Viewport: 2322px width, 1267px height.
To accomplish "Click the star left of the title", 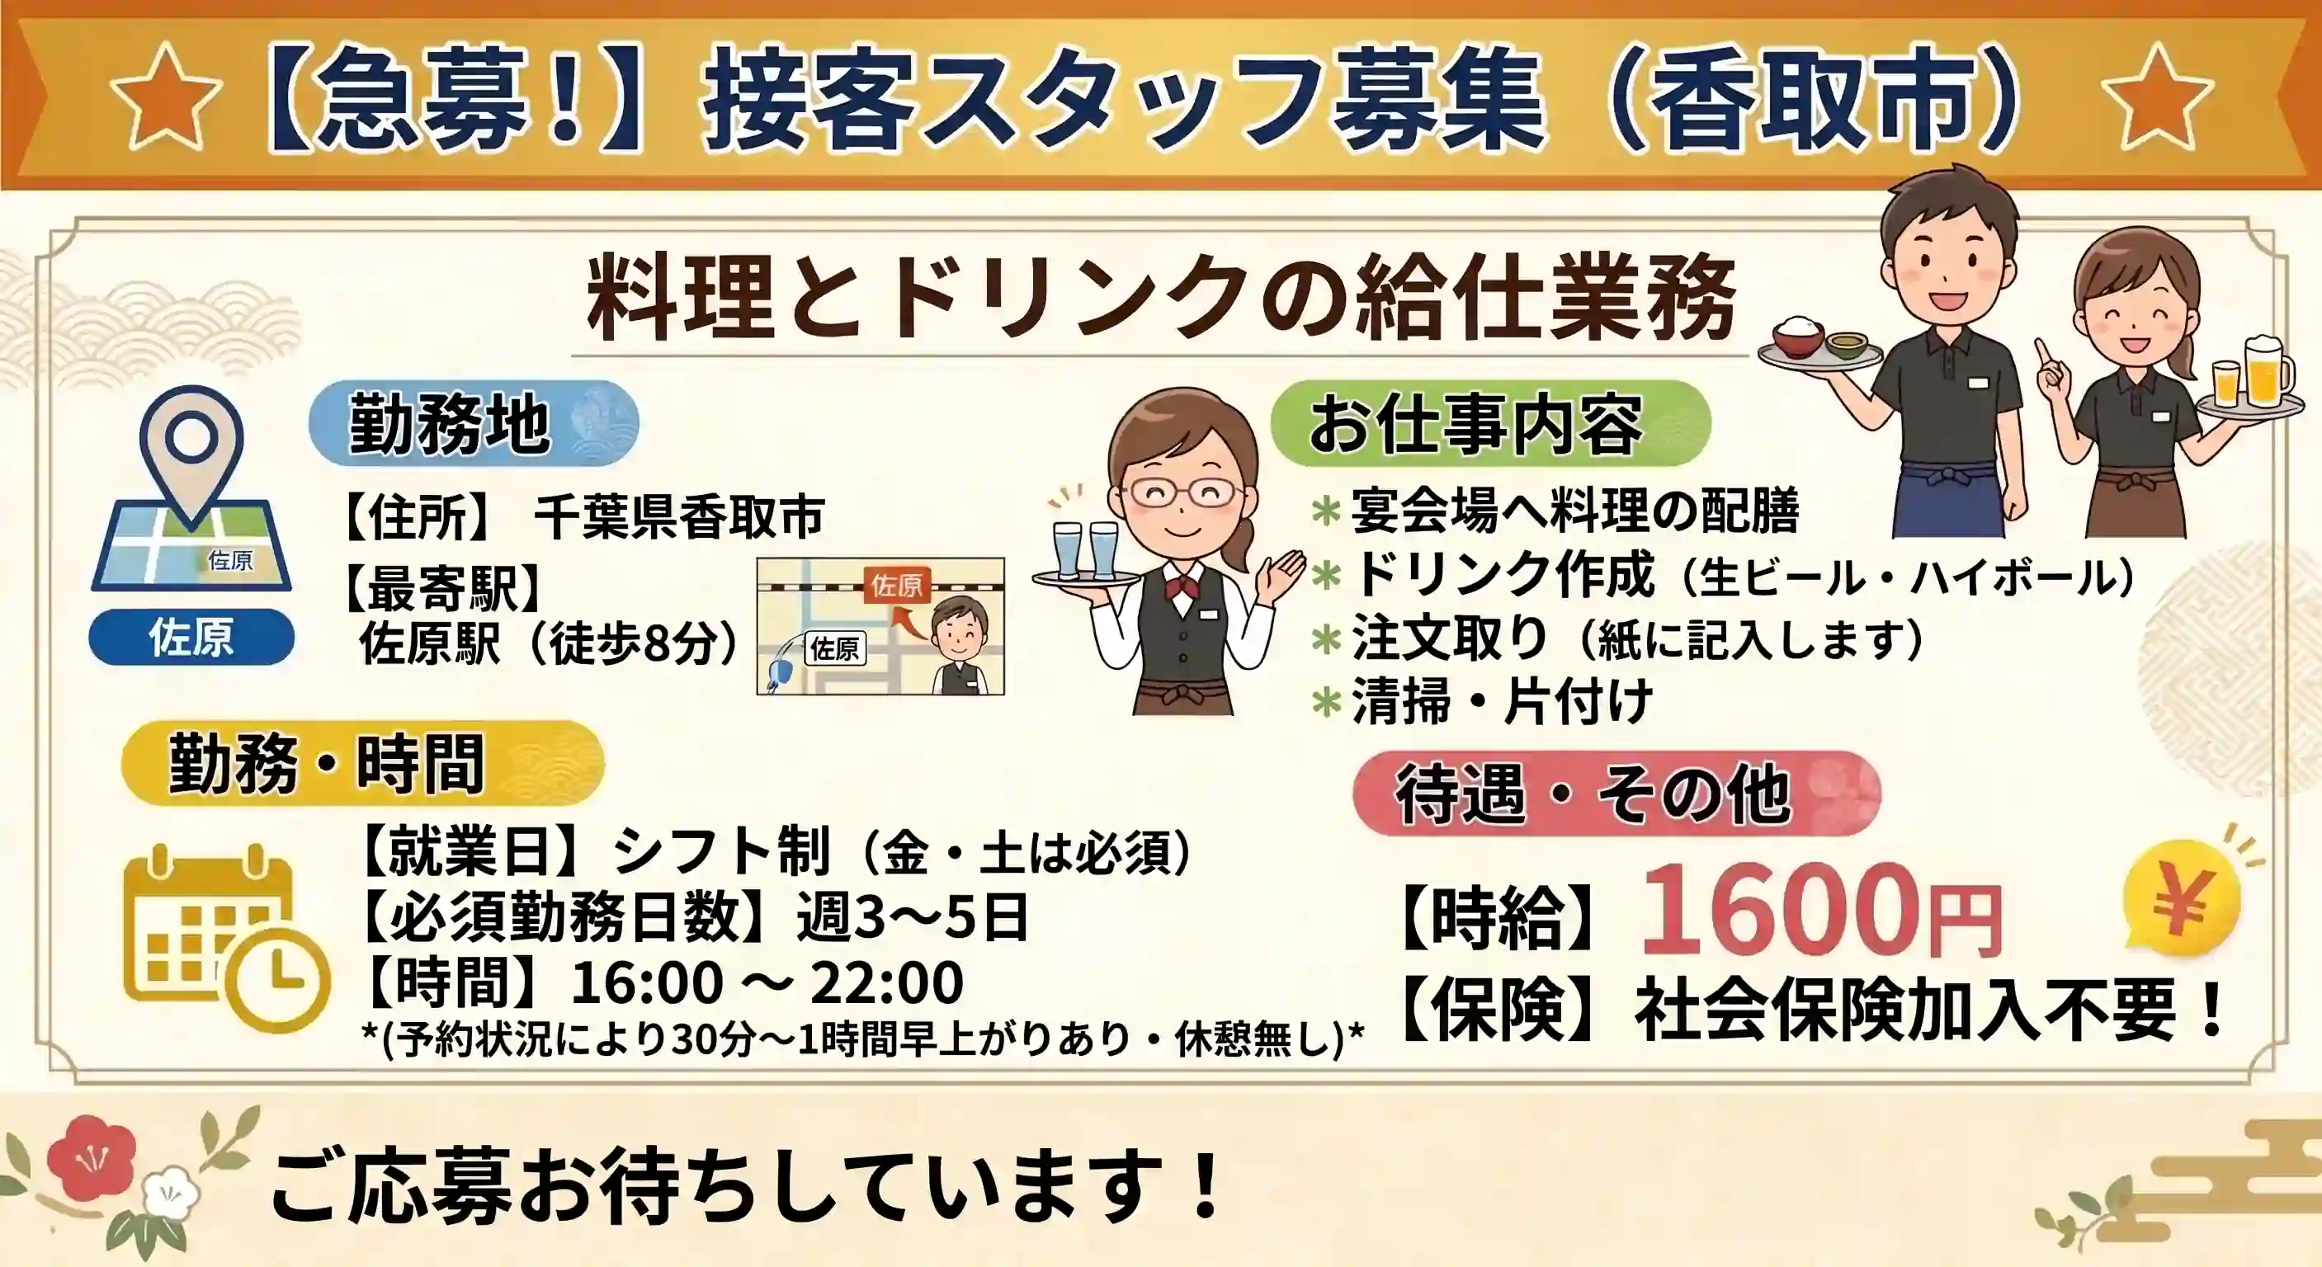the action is tap(166, 97).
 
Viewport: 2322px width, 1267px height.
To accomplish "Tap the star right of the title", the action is tap(2157, 97).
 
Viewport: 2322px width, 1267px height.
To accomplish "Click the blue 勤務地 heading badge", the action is tap(474, 422).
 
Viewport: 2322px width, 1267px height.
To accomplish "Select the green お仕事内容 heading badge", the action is tap(1491, 423).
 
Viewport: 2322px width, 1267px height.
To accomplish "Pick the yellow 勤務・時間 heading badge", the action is tap(362, 762).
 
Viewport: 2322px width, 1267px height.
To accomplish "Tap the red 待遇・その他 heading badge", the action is tap(1617, 793).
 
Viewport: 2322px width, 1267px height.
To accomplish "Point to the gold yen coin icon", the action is tap(2182, 899).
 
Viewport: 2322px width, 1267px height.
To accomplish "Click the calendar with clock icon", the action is tap(225, 937).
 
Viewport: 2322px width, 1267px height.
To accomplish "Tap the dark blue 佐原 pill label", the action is tap(191, 637).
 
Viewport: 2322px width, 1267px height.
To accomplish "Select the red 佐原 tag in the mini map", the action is tap(896, 586).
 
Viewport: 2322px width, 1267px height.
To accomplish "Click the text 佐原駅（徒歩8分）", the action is tap(550, 643).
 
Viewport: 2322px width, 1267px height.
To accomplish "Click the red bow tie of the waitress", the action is tap(1182, 589).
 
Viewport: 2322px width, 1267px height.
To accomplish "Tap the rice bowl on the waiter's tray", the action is tap(1798, 334).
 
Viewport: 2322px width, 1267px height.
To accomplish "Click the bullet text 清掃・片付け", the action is tap(1502, 700).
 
